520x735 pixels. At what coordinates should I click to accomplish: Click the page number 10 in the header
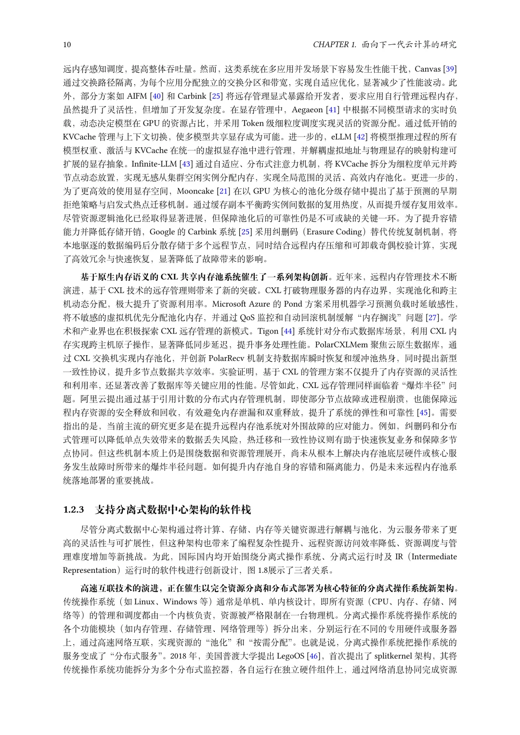[67, 45]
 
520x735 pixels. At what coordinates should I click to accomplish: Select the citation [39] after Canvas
[450, 69]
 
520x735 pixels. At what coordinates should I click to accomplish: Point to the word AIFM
[137, 96]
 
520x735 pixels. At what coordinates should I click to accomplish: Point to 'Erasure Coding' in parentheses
[337, 232]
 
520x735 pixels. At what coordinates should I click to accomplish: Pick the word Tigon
[268, 331]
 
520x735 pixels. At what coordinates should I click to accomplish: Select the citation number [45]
[423, 413]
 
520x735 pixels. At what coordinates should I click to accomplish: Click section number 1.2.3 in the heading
[74, 510]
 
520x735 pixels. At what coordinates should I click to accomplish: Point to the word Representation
[90, 570]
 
